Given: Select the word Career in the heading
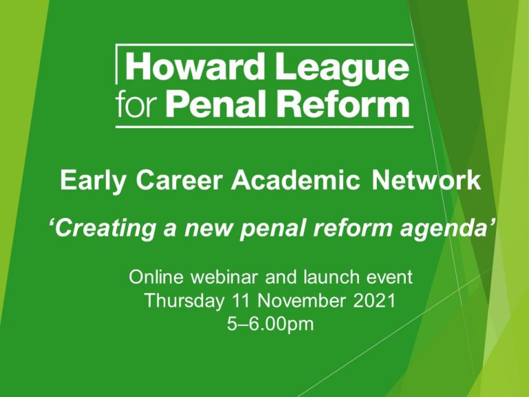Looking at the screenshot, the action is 180,181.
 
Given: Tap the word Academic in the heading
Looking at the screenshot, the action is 296,181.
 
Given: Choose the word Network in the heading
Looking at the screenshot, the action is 426,181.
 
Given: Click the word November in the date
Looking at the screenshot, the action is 301,301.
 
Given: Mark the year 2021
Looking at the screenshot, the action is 374,301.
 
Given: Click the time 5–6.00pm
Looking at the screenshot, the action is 270,325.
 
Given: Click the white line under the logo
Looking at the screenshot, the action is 264,127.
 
